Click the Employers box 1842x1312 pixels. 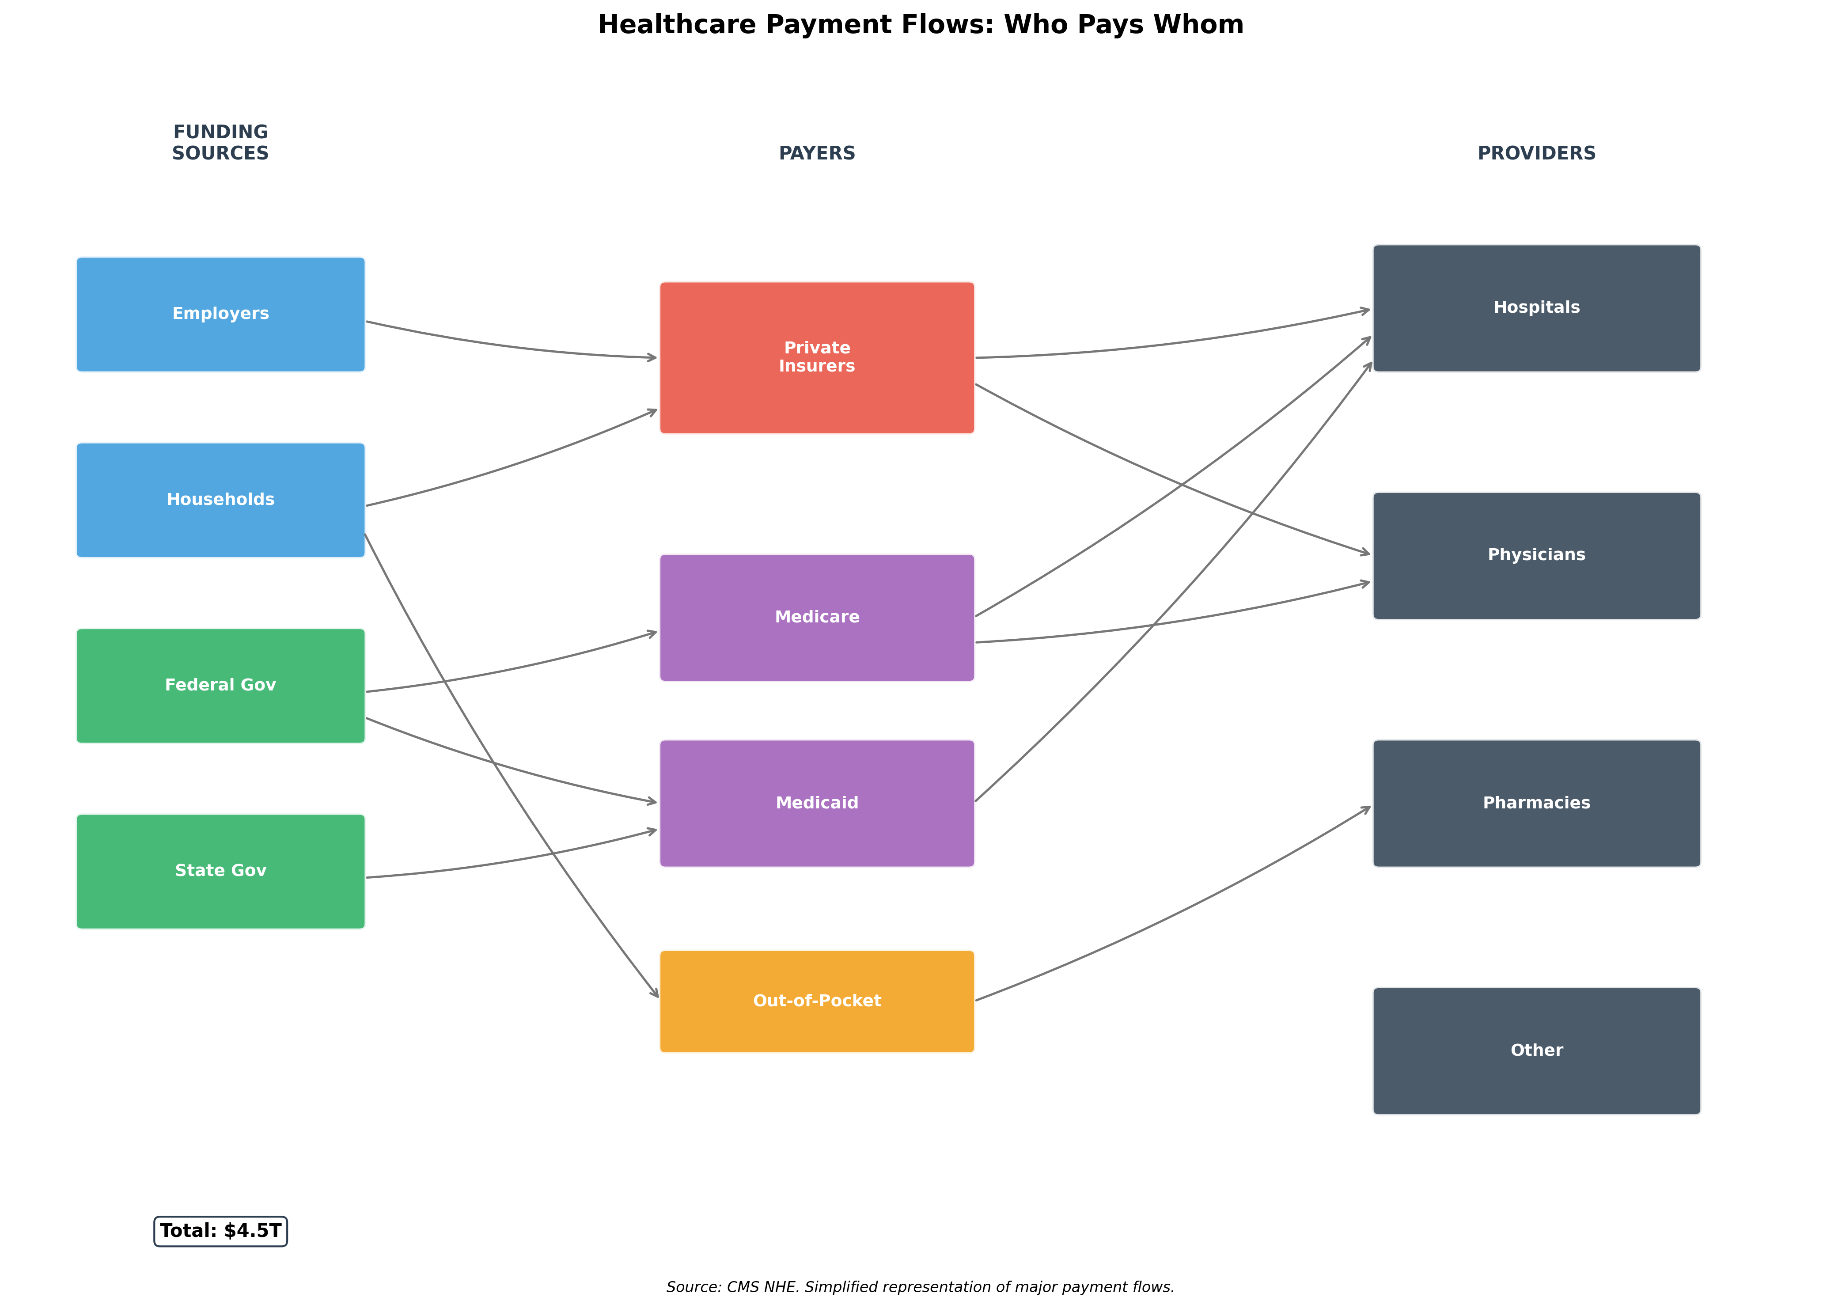220,314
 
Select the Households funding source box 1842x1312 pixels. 220,500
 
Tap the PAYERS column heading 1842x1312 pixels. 817,153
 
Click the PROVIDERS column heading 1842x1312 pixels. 1537,153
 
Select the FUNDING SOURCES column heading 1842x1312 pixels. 220,143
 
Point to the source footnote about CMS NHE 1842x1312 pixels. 920,1287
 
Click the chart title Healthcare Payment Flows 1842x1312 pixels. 920,25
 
